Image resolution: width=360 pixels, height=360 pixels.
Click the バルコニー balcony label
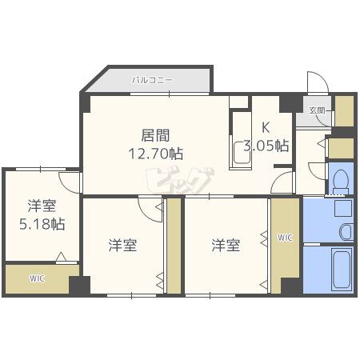pyautogui.click(x=153, y=80)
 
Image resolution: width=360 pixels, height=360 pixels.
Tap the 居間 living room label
pyautogui.click(x=155, y=135)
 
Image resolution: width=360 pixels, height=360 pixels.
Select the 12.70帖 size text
pyautogui.click(x=156, y=154)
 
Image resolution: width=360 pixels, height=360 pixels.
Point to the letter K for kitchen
pyautogui.click(x=266, y=127)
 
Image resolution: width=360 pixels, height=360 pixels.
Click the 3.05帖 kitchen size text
pyautogui.click(x=266, y=146)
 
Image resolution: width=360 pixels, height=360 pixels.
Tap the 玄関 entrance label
pyautogui.click(x=317, y=110)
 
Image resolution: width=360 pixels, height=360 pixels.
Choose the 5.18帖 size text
pyautogui.click(x=42, y=224)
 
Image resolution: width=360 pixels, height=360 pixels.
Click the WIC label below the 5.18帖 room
pyautogui.click(x=37, y=278)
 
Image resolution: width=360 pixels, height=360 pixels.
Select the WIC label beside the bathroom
pyautogui.click(x=285, y=238)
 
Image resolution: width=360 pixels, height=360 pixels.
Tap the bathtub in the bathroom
pyautogui.click(x=341, y=269)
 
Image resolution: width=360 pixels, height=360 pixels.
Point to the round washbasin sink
pyautogui.click(x=346, y=232)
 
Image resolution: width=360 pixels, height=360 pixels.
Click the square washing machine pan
pyautogui.click(x=343, y=208)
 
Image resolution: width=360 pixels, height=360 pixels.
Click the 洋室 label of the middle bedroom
pyautogui.click(x=122, y=246)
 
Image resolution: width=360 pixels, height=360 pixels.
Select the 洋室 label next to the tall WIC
pyautogui.click(x=226, y=246)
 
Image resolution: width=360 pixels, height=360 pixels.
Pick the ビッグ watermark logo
pyautogui.click(x=180, y=180)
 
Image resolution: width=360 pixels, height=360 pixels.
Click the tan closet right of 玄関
pyautogui.click(x=344, y=110)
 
